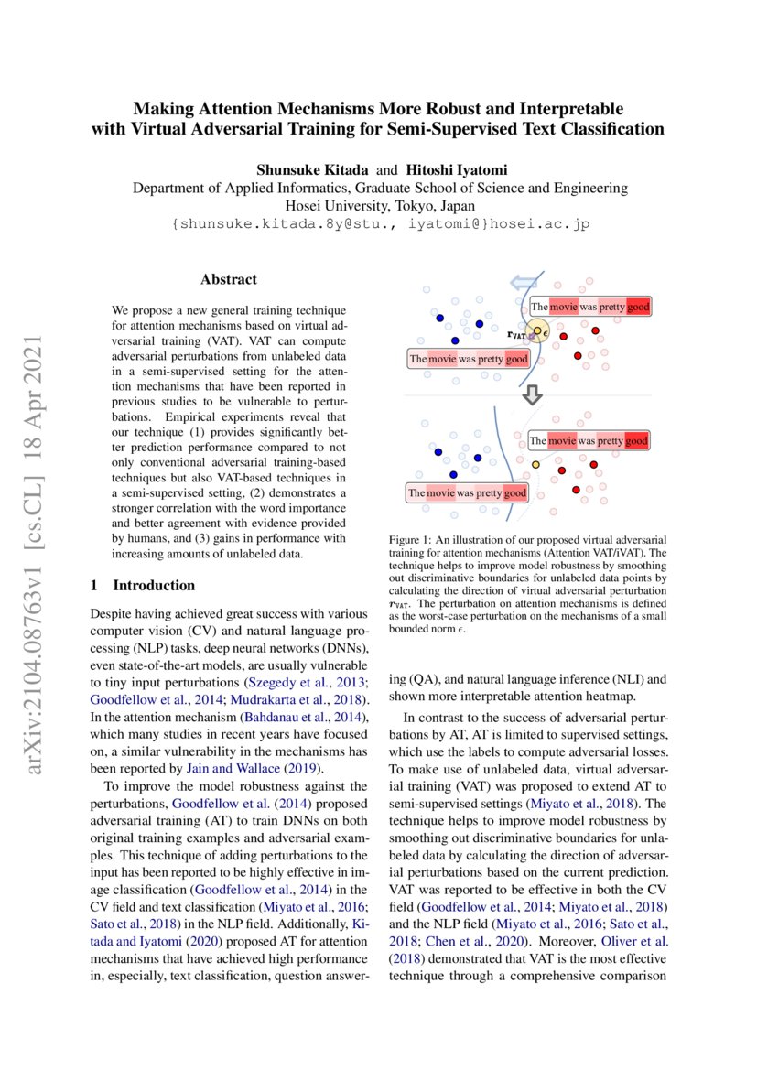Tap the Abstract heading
(229, 279)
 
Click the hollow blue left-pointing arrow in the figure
(524, 283)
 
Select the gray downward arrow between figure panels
(531, 394)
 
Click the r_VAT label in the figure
(518, 336)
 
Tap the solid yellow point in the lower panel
(535, 465)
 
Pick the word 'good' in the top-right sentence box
(638, 307)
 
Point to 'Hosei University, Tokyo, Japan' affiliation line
(380, 205)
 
